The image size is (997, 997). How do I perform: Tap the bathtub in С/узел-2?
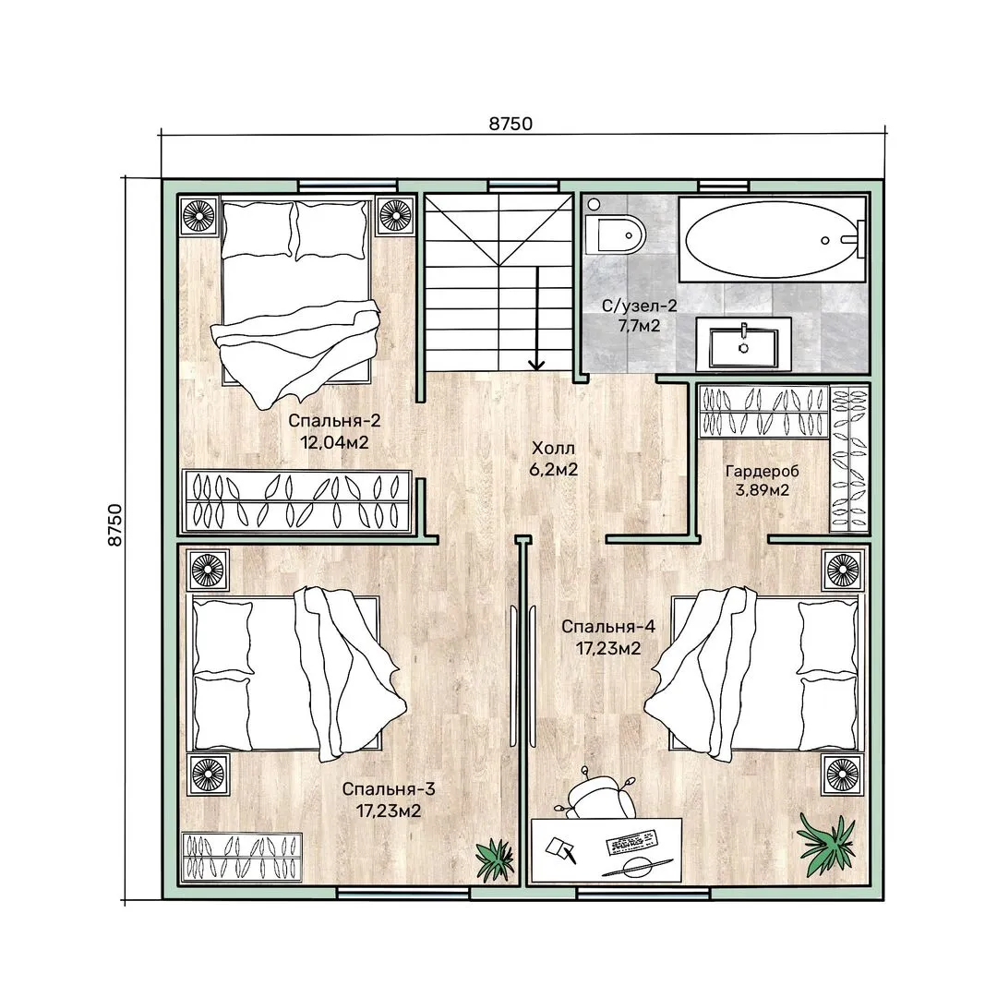tap(772, 240)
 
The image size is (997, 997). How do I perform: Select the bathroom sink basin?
tap(743, 347)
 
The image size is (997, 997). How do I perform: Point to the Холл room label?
tap(553, 449)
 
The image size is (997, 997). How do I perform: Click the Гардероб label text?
tap(762, 471)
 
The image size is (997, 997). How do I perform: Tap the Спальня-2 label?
tap(334, 420)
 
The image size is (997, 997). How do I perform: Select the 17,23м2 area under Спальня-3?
tap(389, 811)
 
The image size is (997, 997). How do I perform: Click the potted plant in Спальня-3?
tap(496, 859)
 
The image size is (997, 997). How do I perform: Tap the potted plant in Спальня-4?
tap(827, 840)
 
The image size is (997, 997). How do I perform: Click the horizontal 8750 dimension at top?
tap(511, 124)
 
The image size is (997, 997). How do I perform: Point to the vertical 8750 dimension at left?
tap(114, 524)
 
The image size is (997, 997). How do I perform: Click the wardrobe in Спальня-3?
tap(242, 857)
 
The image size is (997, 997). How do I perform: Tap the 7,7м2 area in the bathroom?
tap(639, 326)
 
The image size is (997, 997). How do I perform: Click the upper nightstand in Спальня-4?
tap(843, 570)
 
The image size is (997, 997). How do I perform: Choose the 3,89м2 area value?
tap(763, 490)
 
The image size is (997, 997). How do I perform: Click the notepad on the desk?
tap(559, 848)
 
